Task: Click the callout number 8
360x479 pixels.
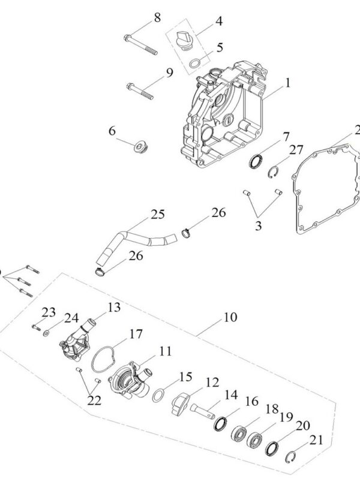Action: coord(157,17)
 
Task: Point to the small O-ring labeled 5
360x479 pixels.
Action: coord(195,63)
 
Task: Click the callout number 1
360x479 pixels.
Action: coord(287,83)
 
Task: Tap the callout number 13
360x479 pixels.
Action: coord(114,307)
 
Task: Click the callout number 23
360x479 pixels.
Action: coord(49,311)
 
